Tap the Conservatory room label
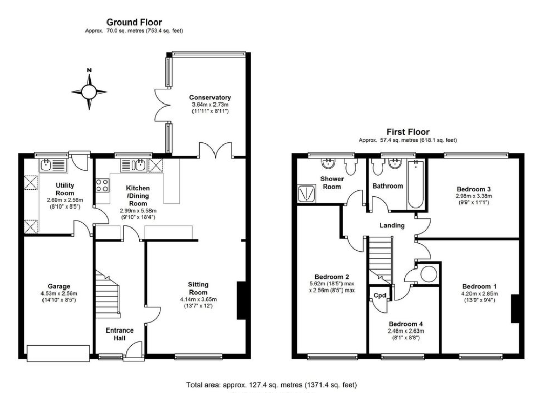coord(210,97)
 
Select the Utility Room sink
coord(53,165)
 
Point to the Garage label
coord(59,286)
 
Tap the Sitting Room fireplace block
coord(241,300)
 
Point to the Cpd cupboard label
coord(379,295)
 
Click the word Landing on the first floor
coord(392,225)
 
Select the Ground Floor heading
coord(134,22)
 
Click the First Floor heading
coord(408,132)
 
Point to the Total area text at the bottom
coord(271,384)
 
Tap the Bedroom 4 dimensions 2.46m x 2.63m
coord(405,331)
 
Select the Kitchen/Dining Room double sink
coord(132,165)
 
